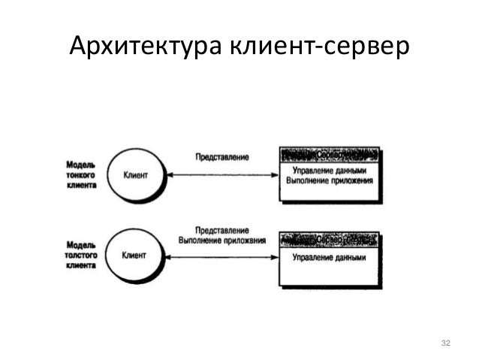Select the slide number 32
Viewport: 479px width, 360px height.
[446, 343]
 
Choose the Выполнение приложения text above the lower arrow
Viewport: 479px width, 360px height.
[222, 241]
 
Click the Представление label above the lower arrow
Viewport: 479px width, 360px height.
[221, 230]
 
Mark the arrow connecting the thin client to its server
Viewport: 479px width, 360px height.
[221, 176]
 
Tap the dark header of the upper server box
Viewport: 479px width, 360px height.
[330, 154]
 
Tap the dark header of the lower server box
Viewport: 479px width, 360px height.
[330, 239]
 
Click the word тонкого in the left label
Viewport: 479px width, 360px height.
[80, 175]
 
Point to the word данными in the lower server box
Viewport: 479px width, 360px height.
[349, 257]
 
